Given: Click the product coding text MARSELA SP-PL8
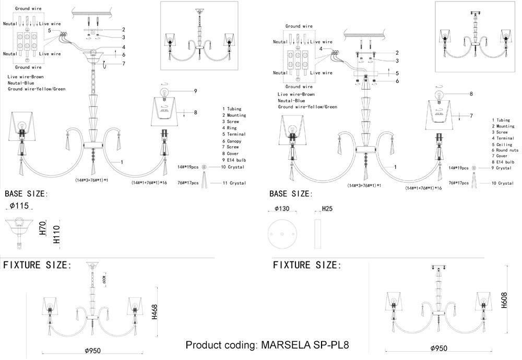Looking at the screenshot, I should pos(267,345).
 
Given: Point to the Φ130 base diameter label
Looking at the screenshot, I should pos(282,208).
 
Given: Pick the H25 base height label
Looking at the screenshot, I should pos(327,208).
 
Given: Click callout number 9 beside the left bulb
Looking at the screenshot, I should pos(195,91).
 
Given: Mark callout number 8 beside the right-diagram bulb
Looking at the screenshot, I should pos(471,94).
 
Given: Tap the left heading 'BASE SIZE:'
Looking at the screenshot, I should pos(26,194).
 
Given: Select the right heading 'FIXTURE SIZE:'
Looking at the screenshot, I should pos(307,265).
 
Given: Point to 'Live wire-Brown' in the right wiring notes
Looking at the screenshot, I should pos(296,94).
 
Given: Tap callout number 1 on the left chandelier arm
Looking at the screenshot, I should pos(122,163).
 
